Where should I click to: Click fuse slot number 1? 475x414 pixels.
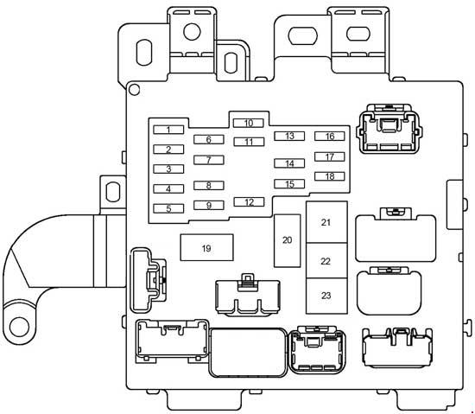(x=168, y=130)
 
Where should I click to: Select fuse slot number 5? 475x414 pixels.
(x=168, y=208)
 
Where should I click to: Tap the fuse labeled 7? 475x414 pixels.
(x=208, y=160)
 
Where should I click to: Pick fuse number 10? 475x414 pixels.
(x=248, y=123)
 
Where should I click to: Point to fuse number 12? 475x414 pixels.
(x=248, y=202)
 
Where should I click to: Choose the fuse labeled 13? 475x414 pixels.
(x=289, y=136)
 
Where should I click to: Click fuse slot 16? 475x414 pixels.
(x=329, y=136)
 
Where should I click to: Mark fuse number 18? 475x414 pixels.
(x=329, y=176)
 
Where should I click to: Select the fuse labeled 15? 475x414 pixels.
(x=289, y=183)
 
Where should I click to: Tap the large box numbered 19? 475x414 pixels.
(x=206, y=248)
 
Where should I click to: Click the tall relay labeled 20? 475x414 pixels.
(x=287, y=239)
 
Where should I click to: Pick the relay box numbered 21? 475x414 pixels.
(x=326, y=222)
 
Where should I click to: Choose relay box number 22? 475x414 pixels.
(x=326, y=260)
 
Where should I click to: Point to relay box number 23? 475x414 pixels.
(x=326, y=296)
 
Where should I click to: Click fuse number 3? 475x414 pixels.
(x=168, y=169)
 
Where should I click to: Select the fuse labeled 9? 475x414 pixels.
(x=208, y=206)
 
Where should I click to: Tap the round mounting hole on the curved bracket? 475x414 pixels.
(x=18, y=328)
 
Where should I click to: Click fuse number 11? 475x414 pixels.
(x=248, y=142)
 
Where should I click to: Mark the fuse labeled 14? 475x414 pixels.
(x=289, y=163)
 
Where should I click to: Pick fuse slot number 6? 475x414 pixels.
(x=208, y=139)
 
